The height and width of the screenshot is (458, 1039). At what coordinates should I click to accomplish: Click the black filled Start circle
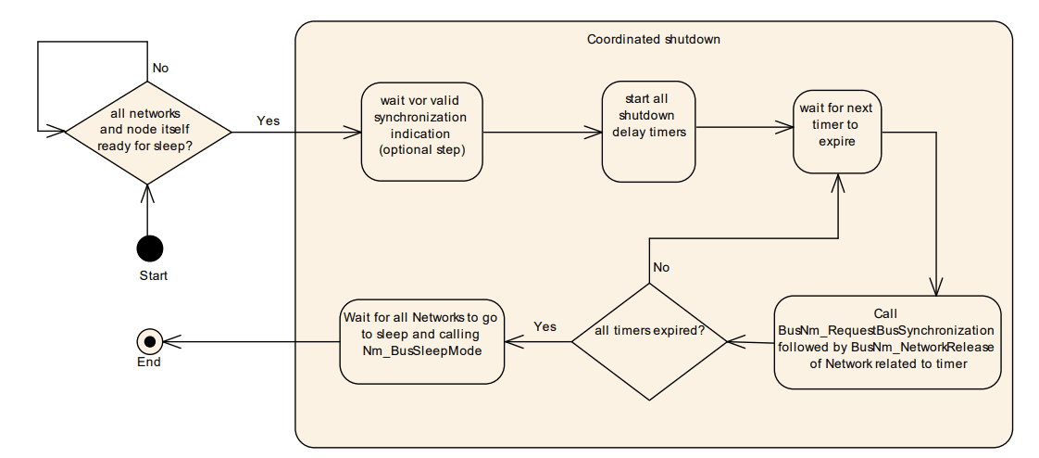point(148,248)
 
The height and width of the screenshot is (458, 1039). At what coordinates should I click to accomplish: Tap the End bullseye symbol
point(149,340)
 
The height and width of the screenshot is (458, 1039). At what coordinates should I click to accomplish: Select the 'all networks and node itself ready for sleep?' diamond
point(147,131)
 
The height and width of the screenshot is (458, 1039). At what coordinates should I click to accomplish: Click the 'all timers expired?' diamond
point(648,341)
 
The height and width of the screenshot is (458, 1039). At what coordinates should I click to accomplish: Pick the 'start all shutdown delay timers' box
point(648,131)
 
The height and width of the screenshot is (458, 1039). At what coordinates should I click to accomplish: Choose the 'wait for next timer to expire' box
point(836,131)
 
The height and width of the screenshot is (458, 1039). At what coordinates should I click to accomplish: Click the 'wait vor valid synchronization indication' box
point(422,131)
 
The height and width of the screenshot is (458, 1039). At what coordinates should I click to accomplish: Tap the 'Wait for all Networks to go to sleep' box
point(421,340)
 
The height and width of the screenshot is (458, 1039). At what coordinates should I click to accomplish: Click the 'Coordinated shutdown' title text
point(653,39)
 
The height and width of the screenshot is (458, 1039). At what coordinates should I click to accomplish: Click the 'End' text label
point(149,363)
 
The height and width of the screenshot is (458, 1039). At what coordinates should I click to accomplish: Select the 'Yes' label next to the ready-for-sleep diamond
point(268,121)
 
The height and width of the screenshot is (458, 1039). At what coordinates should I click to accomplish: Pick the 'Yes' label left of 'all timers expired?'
point(545,327)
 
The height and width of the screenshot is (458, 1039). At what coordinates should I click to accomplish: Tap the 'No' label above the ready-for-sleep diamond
point(160,68)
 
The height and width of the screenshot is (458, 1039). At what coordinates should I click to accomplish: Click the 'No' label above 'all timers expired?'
point(661,267)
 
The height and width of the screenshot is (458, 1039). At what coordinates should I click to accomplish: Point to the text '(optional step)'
point(422,149)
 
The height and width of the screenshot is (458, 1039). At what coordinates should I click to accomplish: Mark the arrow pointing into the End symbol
point(250,340)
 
